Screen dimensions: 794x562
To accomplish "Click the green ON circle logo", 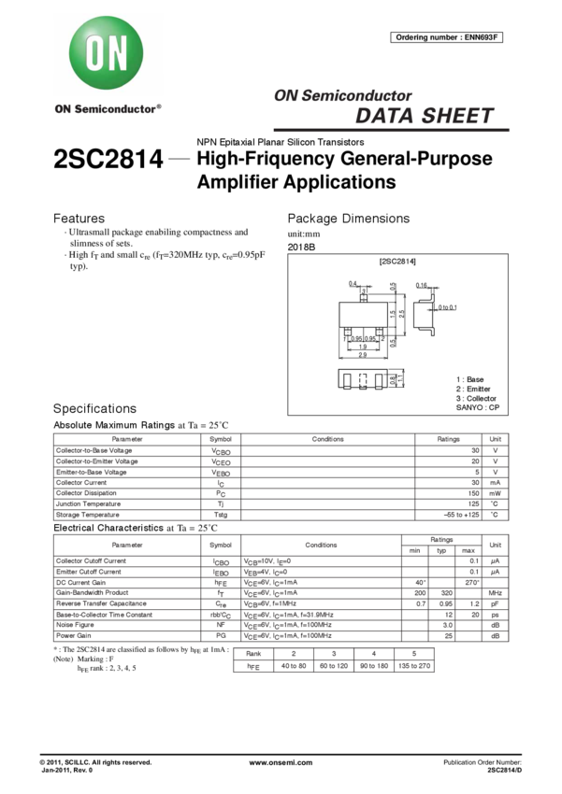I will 107,55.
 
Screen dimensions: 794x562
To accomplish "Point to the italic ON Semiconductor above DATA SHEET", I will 342,96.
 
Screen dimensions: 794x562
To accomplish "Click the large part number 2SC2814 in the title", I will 108,160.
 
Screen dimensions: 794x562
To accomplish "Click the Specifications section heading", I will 94,409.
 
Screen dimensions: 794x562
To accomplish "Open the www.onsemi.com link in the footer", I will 281,763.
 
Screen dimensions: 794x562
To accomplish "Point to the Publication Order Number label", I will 481,763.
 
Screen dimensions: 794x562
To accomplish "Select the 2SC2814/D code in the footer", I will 504,772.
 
